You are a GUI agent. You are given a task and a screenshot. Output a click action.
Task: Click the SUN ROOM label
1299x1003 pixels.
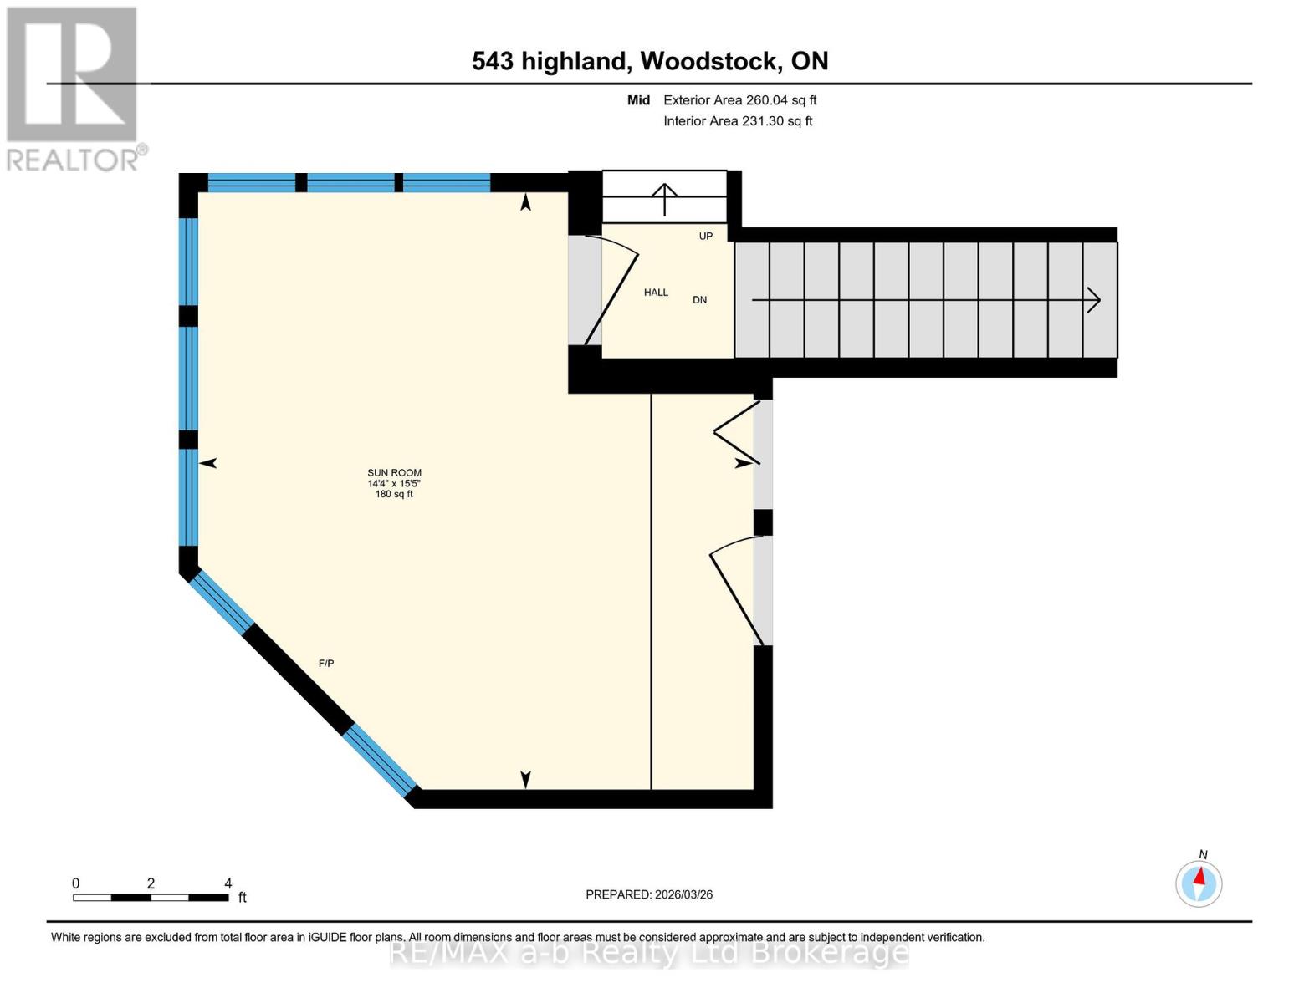(x=394, y=473)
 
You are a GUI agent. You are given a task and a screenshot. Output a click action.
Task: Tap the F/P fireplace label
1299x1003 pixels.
(x=326, y=664)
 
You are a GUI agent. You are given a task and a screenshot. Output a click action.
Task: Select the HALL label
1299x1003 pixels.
(x=656, y=293)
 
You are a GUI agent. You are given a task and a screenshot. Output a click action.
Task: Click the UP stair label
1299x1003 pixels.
(x=706, y=237)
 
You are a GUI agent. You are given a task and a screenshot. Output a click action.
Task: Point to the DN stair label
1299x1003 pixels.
(x=699, y=300)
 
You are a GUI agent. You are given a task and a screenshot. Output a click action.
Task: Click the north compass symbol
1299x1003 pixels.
(x=1199, y=883)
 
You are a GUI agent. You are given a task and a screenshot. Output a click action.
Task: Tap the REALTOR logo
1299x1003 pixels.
(x=74, y=89)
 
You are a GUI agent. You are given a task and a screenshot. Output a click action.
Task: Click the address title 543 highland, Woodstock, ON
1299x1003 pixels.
(x=650, y=61)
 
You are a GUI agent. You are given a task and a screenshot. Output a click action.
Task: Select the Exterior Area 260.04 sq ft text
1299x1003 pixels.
(x=739, y=100)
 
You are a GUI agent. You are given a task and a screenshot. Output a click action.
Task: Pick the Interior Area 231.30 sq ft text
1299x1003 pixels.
(x=738, y=121)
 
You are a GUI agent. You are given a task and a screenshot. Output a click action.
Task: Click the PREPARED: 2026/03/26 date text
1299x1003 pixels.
(x=649, y=894)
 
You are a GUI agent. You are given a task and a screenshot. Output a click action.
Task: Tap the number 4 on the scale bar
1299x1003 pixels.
(x=228, y=883)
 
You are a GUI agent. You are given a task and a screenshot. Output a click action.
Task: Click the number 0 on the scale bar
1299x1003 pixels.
(x=75, y=883)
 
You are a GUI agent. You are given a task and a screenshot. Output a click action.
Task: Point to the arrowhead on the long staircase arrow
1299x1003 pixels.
(x=1094, y=300)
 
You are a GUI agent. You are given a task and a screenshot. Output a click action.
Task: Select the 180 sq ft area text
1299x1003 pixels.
(x=394, y=494)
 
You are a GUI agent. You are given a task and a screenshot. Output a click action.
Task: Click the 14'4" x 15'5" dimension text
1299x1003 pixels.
(x=394, y=484)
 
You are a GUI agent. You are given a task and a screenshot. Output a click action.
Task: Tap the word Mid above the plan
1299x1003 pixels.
(x=638, y=100)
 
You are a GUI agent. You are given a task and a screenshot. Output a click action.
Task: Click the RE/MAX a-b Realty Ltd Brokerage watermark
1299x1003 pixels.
(x=649, y=952)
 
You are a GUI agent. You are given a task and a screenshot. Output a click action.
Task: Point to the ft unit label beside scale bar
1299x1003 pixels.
(x=243, y=898)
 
